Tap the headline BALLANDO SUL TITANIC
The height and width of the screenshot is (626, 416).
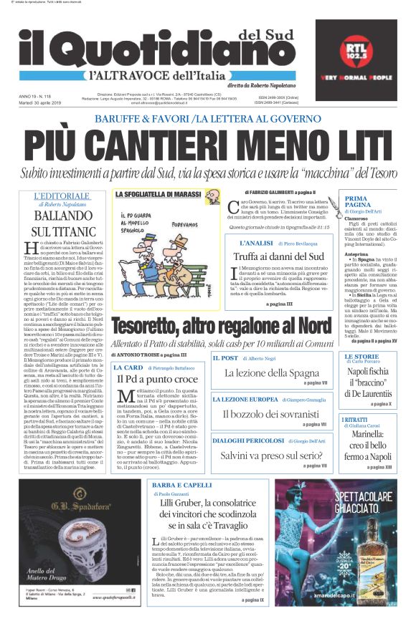59,223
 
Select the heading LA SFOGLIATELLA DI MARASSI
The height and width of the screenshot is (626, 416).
158,194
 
